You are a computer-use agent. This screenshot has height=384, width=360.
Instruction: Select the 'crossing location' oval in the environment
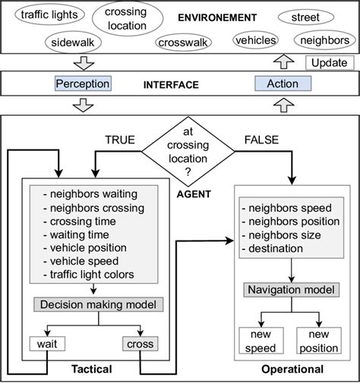[x=125, y=19]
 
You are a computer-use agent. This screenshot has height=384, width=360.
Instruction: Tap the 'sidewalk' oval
[x=71, y=42]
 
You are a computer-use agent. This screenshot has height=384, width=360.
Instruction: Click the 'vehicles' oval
[x=256, y=39]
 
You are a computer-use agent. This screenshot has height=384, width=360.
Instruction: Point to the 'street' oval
[x=305, y=17]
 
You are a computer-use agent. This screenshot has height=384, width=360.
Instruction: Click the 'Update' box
[x=330, y=63]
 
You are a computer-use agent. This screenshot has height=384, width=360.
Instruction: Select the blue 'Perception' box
[x=83, y=83]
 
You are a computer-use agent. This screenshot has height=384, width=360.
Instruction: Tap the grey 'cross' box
[x=141, y=344]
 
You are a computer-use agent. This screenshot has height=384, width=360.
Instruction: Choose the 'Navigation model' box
[x=289, y=290]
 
